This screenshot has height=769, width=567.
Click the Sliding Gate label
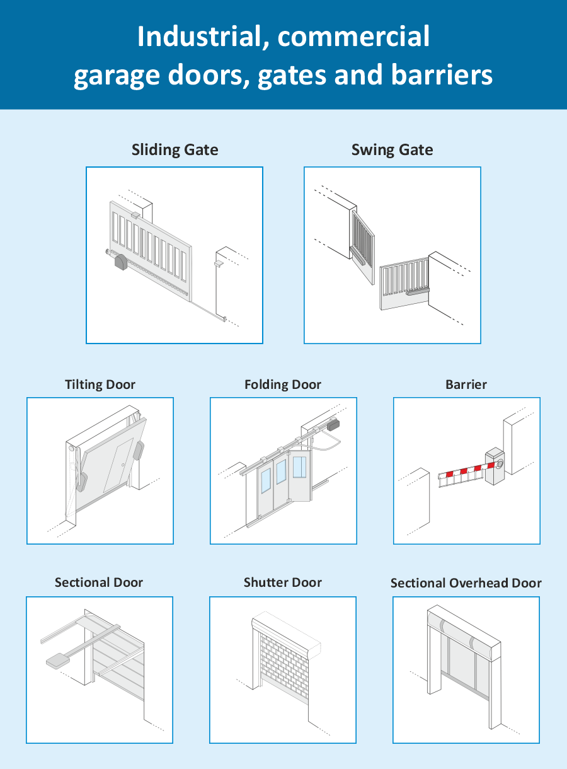[x=175, y=150]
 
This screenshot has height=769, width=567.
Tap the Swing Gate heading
[x=392, y=150]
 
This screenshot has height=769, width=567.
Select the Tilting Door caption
[x=100, y=384]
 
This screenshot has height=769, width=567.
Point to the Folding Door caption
[x=283, y=384]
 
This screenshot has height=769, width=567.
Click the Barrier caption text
[x=466, y=384]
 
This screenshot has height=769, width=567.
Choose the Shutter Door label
[x=283, y=582]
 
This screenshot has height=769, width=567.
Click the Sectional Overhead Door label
[x=466, y=583]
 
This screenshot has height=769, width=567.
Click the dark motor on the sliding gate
[x=120, y=263]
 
